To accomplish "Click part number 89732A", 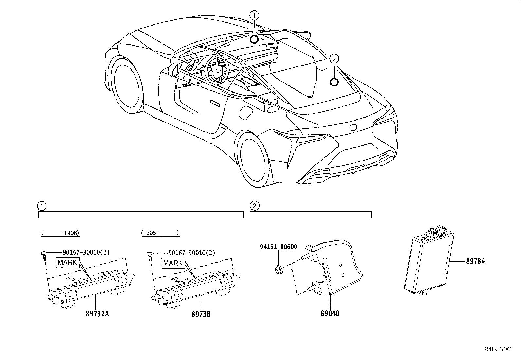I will click(x=97, y=314).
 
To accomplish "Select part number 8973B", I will click(x=201, y=314).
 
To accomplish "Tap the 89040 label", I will click(x=330, y=313).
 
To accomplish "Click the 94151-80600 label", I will click(x=278, y=247).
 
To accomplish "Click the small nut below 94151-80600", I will click(x=278, y=270).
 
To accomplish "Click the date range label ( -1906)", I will click(x=61, y=233).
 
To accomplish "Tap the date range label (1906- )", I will click(x=160, y=233).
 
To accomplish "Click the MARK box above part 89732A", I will click(x=67, y=263).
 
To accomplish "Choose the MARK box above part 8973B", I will click(x=173, y=263).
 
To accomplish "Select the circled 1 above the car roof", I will click(x=254, y=15).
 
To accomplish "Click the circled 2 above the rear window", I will click(x=334, y=59).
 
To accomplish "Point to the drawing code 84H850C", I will click(x=497, y=349).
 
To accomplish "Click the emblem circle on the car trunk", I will click(x=353, y=127).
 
